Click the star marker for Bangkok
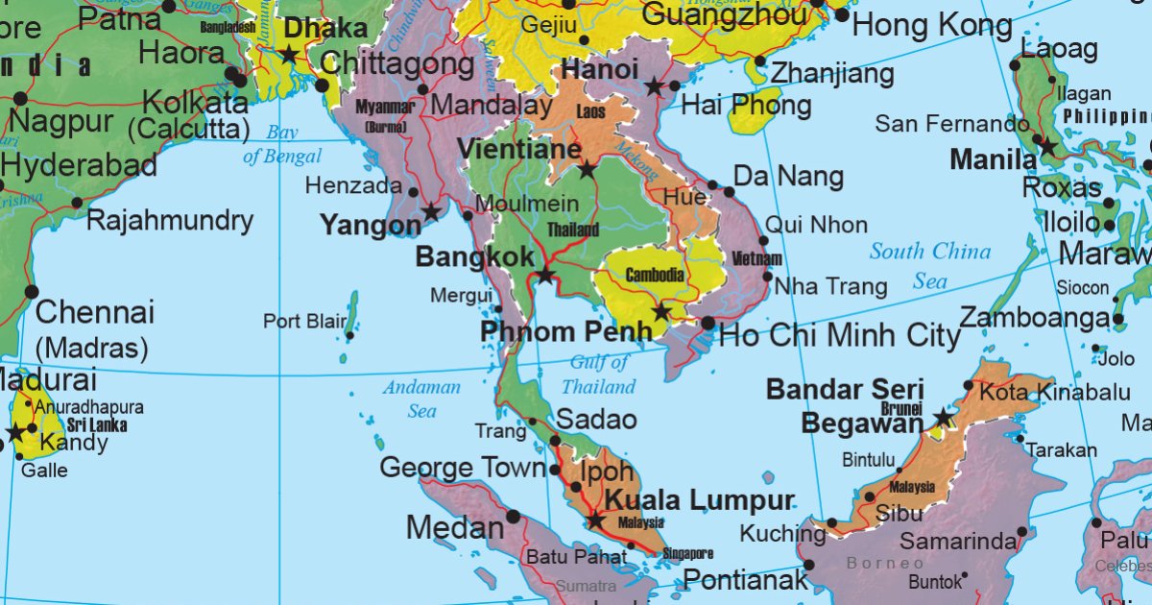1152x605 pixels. pos(545,276)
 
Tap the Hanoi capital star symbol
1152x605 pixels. pos(654,86)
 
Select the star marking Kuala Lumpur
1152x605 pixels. pos(595,520)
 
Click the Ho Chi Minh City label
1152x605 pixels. pos(839,335)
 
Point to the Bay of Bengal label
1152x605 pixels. pos(281,144)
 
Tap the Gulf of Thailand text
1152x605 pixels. pos(599,375)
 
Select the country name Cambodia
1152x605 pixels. pos(655,276)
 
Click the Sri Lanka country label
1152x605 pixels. pos(96,424)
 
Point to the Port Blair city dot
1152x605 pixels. pos(350,335)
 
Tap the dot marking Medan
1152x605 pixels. pos(513,517)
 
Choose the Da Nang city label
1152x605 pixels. pos(788,177)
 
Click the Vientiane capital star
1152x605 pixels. pos(587,170)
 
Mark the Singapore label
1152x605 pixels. pos(688,554)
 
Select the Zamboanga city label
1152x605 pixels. pos(1035,318)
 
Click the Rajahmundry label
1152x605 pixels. pos(170,221)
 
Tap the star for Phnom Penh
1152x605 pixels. pos(660,312)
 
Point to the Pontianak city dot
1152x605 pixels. pos(808,565)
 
